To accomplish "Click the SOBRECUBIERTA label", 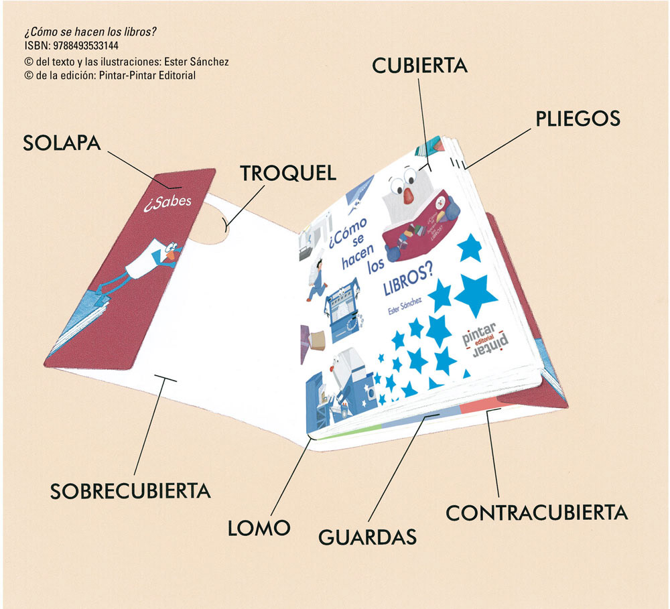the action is [131, 490].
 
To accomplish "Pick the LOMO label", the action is [259, 527].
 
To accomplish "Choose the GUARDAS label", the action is [367, 537].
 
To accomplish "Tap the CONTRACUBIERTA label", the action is [537, 513].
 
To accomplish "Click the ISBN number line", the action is [71, 46].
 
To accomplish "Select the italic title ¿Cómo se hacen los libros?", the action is [94, 32].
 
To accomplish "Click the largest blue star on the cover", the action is [476, 295].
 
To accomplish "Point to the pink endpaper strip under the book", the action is [479, 405].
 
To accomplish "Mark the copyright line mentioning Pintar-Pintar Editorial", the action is [109, 76].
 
